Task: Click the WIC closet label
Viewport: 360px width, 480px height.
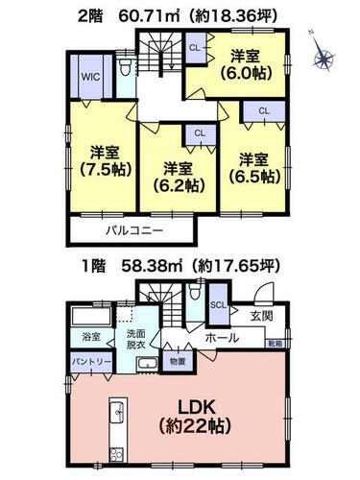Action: point(90,77)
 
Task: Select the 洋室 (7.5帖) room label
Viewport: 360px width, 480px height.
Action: point(105,161)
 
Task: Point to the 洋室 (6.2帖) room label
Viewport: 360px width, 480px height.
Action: point(178,177)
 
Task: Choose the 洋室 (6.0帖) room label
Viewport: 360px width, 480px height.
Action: point(245,64)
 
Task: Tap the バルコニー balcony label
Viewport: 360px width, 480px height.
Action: point(134,230)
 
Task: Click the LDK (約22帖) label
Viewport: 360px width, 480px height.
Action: point(195,417)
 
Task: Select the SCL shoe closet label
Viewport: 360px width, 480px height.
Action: point(218,305)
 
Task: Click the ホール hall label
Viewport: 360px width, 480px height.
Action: point(222,338)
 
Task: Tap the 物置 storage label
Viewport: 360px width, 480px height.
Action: point(178,362)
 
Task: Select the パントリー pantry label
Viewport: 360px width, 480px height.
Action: point(91,362)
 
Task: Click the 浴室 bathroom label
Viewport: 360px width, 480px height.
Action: point(91,337)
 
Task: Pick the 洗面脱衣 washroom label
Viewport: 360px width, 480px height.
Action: point(135,339)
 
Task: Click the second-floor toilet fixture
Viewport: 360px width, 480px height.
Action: point(125,67)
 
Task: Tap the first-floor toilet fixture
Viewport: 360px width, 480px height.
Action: point(194,291)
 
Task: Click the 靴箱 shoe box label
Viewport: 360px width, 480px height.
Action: point(275,344)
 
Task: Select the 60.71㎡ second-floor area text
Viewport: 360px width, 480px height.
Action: point(149,16)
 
